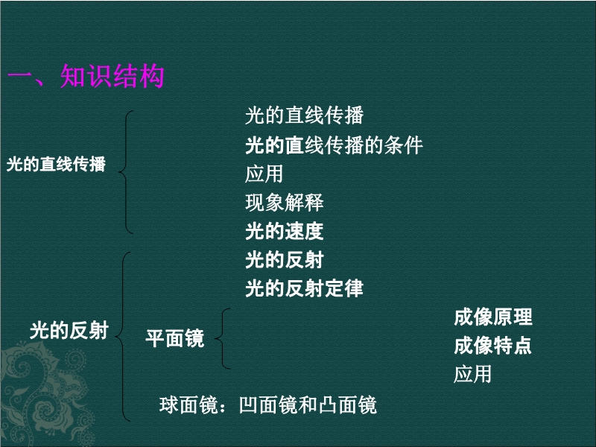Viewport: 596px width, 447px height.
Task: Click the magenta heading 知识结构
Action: tap(112, 76)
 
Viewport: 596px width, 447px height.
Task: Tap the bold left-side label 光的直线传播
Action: tap(56, 164)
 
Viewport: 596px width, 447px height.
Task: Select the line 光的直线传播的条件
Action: tap(334, 145)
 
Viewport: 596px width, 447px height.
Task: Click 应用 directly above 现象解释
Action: tap(264, 174)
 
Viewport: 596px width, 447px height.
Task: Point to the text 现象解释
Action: tap(285, 203)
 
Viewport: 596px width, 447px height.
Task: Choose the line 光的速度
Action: tap(285, 231)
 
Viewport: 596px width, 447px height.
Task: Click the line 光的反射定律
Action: tap(304, 288)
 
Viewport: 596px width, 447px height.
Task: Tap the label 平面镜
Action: tap(175, 338)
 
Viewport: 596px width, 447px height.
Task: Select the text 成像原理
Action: tap(493, 317)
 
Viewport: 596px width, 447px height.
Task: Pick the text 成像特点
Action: tap(493, 346)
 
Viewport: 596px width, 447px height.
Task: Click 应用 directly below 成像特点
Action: tap(472, 374)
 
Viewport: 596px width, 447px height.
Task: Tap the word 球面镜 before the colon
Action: tap(189, 405)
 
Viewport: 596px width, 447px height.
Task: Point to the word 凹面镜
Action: tap(269, 405)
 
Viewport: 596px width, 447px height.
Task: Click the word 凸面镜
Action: tap(348, 405)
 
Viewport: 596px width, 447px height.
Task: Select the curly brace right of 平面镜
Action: tap(222, 338)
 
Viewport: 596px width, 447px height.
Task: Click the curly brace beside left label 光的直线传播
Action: tap(126, 172)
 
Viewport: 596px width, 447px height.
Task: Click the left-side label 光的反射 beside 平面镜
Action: tap(69, 330)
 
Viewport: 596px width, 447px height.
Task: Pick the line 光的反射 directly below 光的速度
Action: tap(285, 260)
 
